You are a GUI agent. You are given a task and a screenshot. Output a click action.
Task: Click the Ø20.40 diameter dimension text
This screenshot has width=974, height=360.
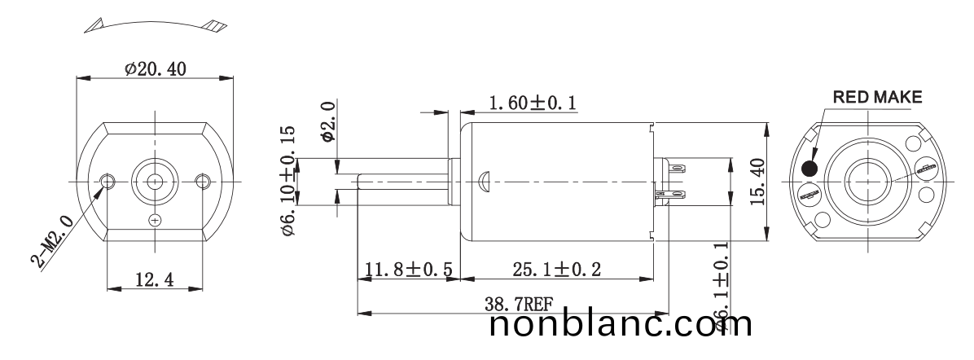pos(155,69)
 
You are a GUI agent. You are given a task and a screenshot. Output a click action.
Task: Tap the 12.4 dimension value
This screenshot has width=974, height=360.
pos(155,279)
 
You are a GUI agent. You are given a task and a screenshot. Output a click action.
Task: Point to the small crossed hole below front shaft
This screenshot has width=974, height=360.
pos(156,220)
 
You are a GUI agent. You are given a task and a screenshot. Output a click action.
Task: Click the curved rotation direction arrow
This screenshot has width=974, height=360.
pos(155,24)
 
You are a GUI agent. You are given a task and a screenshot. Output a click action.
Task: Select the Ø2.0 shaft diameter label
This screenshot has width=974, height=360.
pos(327,122)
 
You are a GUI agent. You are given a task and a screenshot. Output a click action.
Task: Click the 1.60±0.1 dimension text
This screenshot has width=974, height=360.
pos(532,103)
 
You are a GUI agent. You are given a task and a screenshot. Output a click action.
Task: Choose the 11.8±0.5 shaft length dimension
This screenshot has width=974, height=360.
pos(409,270)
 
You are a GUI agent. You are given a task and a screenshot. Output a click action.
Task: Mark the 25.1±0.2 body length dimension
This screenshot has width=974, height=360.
pos(557,270)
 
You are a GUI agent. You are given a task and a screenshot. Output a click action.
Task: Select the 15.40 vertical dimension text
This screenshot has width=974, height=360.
pos(757,182)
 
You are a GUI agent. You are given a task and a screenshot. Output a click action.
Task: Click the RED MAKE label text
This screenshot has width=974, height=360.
pos(876,98)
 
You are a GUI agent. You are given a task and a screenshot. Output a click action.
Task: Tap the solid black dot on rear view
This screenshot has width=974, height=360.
pos(810,169)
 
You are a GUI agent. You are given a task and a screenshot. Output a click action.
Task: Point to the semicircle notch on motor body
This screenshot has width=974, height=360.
pos(484,177)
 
